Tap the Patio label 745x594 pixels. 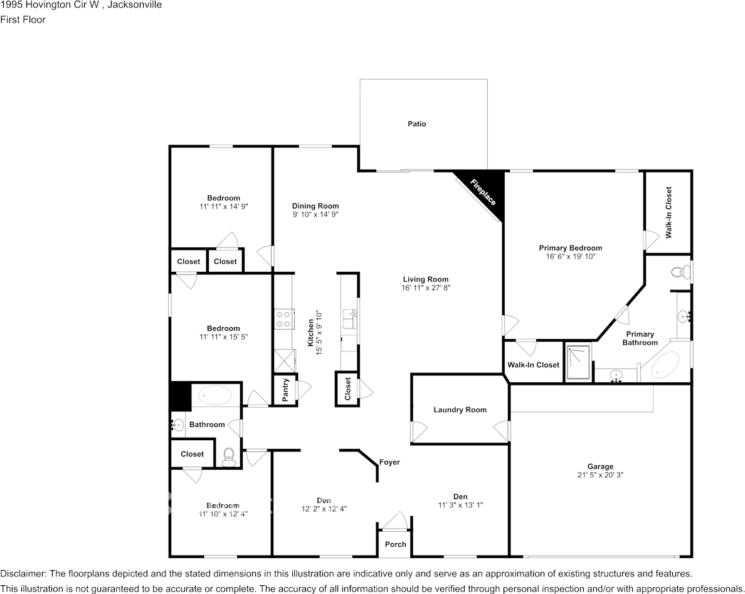coord(416,124)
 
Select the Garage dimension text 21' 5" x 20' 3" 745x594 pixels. coord(600,475)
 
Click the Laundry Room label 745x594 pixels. coord(460,410)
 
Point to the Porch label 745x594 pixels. coord(395,544)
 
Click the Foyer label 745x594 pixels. coord(389,462)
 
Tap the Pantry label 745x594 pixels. coord(286,390)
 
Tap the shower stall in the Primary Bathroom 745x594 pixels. coord(578,362)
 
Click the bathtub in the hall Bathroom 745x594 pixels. coord(215,396)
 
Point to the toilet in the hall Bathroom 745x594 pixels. coord(229,455)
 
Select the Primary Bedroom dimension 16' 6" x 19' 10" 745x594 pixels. coord(570,256)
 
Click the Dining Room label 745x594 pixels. coord(315,206)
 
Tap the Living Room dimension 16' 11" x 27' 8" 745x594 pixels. coord(426,288)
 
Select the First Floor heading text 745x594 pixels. coord(23,19)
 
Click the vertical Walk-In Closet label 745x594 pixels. coord(668,212)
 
